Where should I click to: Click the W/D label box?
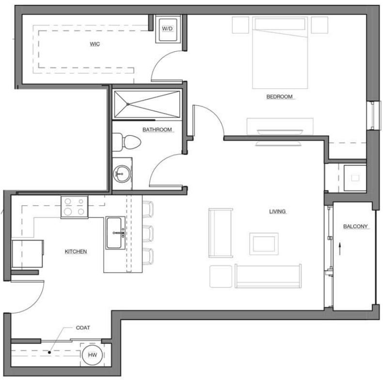(x=167, y=29)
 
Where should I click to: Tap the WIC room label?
(x=95, y=44)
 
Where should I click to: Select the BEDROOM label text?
(x=280, y=96)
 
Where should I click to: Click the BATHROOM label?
(x=157, y=129)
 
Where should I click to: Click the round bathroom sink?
(x=121, y=173)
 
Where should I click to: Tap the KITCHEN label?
(x=76, y=252)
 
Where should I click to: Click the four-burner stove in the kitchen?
(x=74, y=207)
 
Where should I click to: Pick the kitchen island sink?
(x=115, y=233)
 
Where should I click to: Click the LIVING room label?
(x=278, y=211)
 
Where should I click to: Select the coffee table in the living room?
(x=264, y=243)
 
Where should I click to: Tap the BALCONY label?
(x=356, y=226)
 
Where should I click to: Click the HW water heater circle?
(x=92, y=355)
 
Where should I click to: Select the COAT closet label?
(x=83, y=328)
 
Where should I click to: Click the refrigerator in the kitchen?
(x=27, y=254)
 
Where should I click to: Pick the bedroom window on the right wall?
(x=372, y=115)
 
